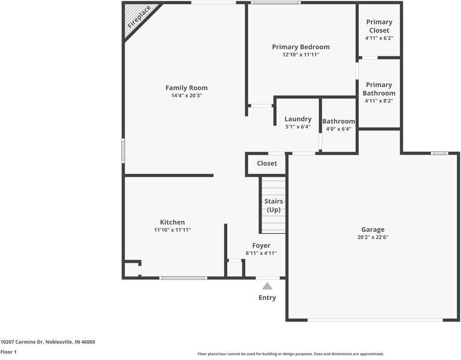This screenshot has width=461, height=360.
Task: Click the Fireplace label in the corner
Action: click(139, 17)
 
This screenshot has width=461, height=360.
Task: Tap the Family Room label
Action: click(186, 88)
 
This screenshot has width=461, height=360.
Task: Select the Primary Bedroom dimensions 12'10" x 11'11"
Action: click(301, 55)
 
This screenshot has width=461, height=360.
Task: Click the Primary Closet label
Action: click(379, 26)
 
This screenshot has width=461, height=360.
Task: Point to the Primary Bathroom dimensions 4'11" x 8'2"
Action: click(379, 101)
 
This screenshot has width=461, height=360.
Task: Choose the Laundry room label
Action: click(298, 119)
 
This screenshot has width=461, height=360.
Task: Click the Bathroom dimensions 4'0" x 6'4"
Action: click(339, 129)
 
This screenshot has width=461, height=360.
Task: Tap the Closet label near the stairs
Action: click(267, 163)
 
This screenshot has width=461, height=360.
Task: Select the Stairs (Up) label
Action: click(273, 206)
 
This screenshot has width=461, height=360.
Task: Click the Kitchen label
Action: click(172, 222)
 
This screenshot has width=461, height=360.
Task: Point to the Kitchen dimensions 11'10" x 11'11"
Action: click(172, 230)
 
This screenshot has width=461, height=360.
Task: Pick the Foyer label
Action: click(261, 246)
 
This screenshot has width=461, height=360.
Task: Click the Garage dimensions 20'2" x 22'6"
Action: click(373, 237)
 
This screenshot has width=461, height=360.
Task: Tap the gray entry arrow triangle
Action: click(267, 286)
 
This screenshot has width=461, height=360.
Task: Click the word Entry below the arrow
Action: click(267, 297)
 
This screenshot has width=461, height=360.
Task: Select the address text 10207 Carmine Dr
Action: click(22, 342)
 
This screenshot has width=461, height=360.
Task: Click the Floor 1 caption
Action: click(8, 352)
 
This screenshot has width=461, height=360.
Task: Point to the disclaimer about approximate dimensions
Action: click(291, 354)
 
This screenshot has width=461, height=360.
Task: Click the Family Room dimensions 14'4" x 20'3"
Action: click(187, 96)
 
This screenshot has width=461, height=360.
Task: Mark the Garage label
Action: click(373, 230)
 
